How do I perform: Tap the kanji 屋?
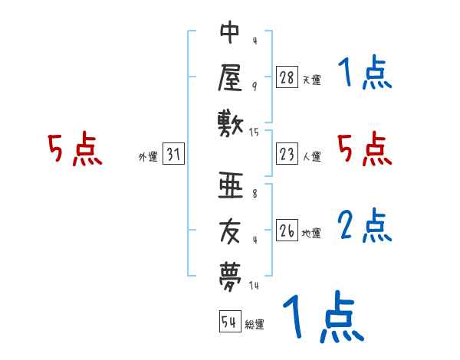click(x=230, y=77)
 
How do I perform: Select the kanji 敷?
click(x=230, y=121)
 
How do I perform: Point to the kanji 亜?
click(x=230, y=186)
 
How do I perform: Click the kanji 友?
click(x=230, y=229)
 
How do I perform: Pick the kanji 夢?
click(x=230, y=273)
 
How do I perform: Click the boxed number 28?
click(x=287, y=77)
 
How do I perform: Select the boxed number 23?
click(x=287, y=154)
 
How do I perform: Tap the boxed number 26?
click(x=287, y=231)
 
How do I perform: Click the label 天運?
click(x=311, y=80)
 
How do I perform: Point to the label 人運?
click(x=311, y=157)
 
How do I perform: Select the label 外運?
click(x=148, y=157)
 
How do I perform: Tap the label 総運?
click(x=255, y=325)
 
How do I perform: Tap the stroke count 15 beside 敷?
click(x=254, y=133)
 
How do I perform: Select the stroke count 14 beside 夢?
click(x=254, y=286)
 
